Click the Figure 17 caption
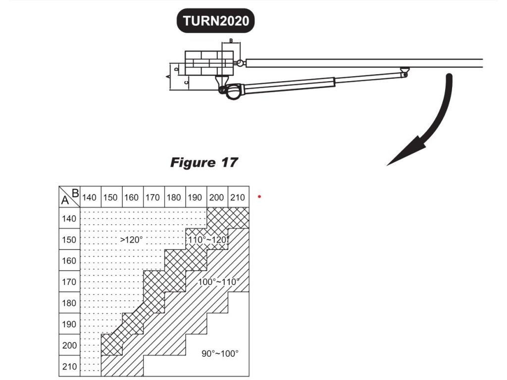204,162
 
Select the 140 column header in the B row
90,197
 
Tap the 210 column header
238,197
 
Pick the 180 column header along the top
174,197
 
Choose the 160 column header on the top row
132,197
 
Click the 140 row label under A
69,219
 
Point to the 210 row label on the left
69,367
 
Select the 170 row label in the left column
69,282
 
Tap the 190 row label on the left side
69,325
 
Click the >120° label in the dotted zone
131,239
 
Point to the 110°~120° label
207,239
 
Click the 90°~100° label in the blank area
220,353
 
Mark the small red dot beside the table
259,197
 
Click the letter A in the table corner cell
64,200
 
